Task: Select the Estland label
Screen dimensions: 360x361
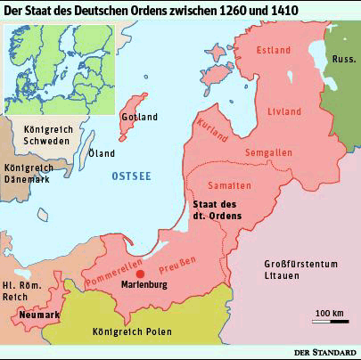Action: coord(274,51)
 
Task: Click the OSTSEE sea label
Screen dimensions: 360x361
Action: coord(131,178)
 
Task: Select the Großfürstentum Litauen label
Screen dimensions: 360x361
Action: coord(303,269)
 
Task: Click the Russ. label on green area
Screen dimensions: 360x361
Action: coord(343,61)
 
